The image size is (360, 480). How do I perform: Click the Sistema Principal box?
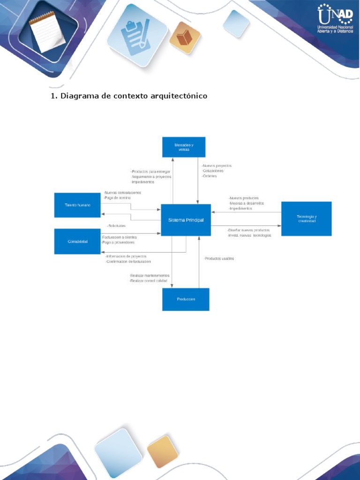click(186, 220)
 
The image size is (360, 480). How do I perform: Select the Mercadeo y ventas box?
click(184, 147)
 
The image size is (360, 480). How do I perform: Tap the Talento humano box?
click(77, 205)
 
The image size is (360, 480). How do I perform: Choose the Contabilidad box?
click(77, 241)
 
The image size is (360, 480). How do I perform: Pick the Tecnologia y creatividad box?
click(306, 218)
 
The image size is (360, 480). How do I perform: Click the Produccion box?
click(186, 299)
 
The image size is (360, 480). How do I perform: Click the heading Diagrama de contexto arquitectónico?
click(129, 96)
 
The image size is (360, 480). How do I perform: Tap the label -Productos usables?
click(219, 259)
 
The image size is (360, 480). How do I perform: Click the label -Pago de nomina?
click(117, 198)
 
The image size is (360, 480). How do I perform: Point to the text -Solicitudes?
click(116, 226)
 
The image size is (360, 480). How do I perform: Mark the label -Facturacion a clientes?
click(119, 237)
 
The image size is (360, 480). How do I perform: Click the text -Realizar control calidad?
click(150, 281)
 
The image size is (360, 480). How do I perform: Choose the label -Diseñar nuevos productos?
click(248, 230)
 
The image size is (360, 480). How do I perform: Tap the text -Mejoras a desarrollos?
click(247, 203)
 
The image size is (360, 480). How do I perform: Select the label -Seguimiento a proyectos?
click(151, 177)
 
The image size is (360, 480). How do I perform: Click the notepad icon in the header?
click(47, 31)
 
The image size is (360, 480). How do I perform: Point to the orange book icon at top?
click(185, 37)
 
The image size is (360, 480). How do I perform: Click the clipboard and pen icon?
click(136, 36)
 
